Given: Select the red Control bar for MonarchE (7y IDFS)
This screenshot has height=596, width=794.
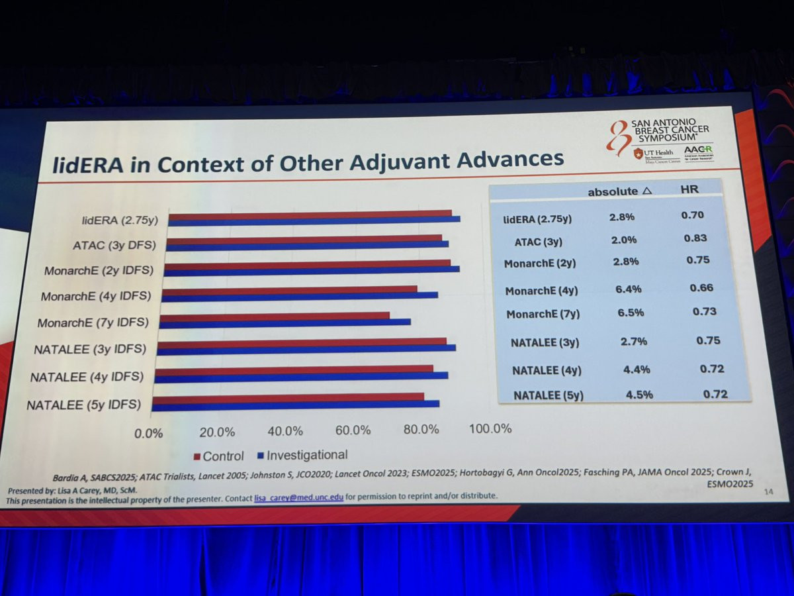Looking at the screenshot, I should point(275,316).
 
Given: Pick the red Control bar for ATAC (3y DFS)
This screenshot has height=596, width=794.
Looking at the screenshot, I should point(304,238).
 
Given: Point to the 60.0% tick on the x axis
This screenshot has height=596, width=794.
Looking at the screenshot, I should point(353,430).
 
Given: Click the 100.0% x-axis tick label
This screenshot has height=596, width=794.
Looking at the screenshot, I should point(490,428).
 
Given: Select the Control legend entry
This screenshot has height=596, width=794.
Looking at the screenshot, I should point(218,456).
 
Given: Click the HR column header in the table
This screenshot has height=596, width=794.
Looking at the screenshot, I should point(690,189).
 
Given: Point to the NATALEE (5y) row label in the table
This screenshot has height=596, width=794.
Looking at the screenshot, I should point(549,395).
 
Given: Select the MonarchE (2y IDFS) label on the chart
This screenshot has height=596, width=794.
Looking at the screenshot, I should point(99,270).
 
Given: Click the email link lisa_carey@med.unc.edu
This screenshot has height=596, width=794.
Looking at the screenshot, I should point(298,496).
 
